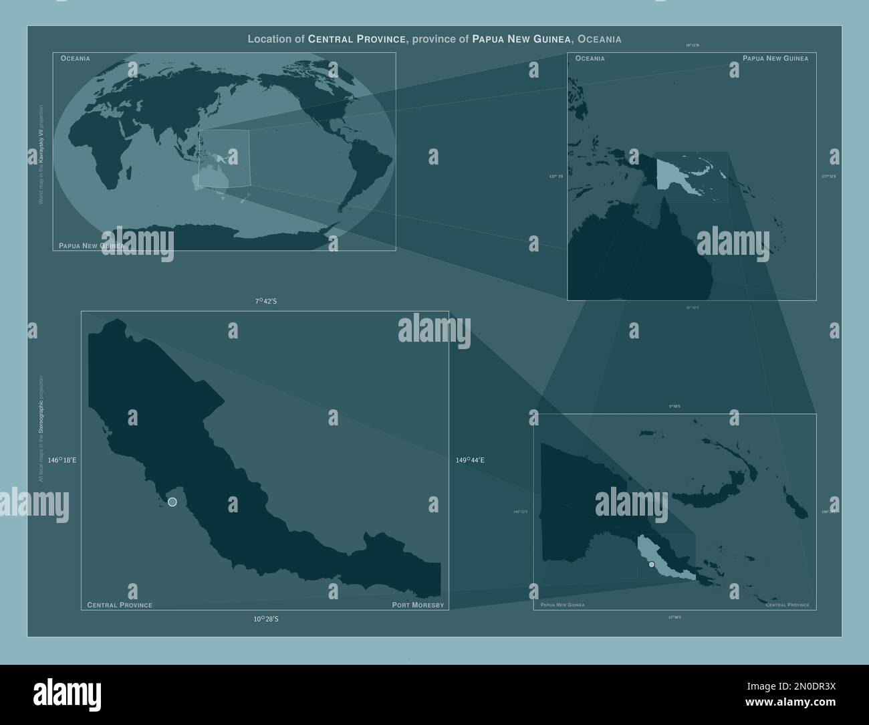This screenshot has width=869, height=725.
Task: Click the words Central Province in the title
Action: (x=357, y=39)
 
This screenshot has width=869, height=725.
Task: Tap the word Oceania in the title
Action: (x=600, y=39)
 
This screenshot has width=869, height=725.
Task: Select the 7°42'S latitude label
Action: (x=265, y=302)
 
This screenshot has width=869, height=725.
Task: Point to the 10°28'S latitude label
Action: (x=265, y=619)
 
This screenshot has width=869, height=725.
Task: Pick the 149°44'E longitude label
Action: (x=471, y=460)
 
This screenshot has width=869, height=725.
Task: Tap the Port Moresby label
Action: (x=418, y=605)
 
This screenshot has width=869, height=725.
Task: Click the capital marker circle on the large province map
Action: (x=172, y=502)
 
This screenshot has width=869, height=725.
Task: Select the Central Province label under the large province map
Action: (x=120, y=605)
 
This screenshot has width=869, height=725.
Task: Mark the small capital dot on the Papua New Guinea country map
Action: (x=652, y=564)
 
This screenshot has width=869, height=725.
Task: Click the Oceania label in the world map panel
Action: (x=76, y=59)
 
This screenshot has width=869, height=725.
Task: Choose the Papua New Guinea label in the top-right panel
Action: (x=775, y=59)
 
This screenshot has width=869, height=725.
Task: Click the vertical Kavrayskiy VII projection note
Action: (x=41, y=154)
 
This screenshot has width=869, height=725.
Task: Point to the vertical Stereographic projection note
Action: (x=41, y=428)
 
